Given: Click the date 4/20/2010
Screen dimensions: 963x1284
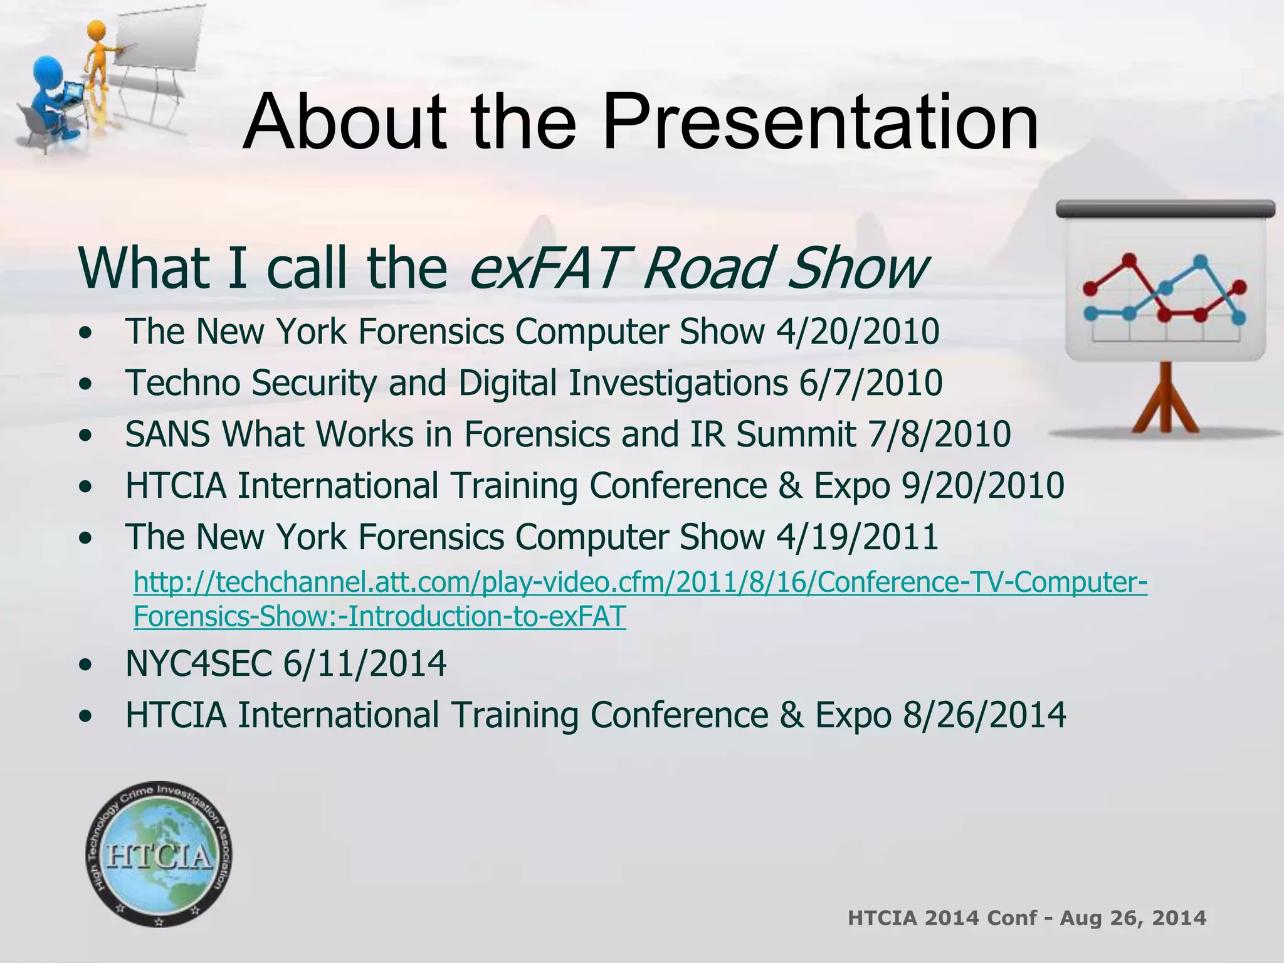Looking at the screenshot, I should (x=858, y=332).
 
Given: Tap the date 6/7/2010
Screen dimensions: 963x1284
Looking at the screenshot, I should (x=870, y=383).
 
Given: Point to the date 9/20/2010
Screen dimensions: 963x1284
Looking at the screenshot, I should (x=982, y=486).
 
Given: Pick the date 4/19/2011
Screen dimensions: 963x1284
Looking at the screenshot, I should (x=857, y=537).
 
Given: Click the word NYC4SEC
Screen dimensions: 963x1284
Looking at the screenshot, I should (x=199, y=664).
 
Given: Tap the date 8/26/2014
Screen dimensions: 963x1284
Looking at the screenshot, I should (x=984, y=715).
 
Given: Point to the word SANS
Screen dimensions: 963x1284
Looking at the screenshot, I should (x=167, y=434).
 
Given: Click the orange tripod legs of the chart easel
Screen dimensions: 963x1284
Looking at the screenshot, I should (x=1166, y=401).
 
